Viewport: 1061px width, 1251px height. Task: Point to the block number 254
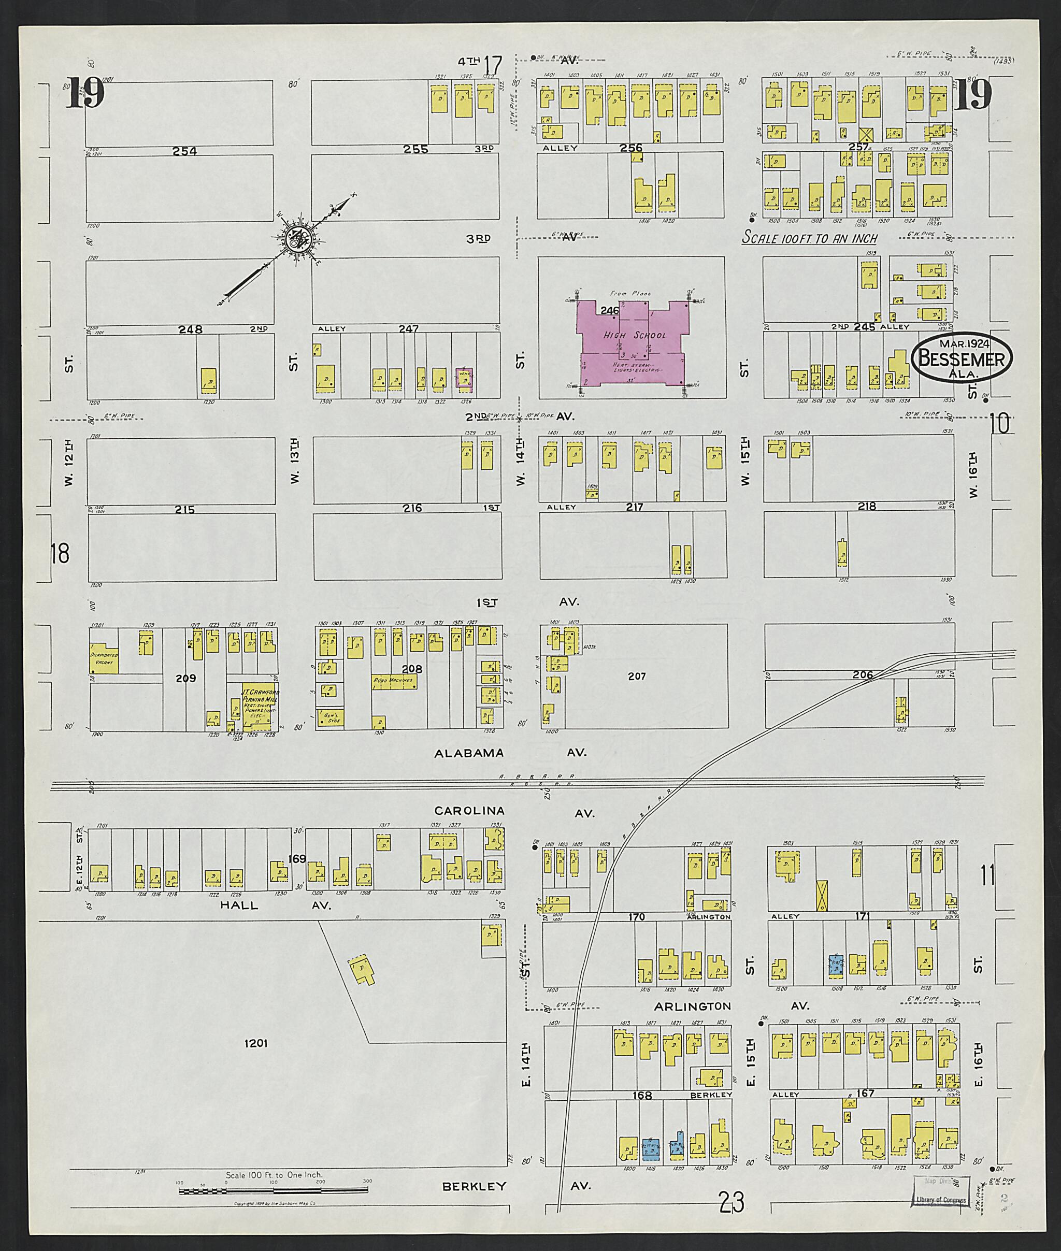[184, 151]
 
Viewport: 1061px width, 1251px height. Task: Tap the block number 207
[636, 677]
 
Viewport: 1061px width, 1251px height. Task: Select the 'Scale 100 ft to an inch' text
[810, 238]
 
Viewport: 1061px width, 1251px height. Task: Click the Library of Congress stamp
[940, 1188]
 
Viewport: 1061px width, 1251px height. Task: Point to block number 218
[867, 507]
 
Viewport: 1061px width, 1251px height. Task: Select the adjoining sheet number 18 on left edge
[61, 553]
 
